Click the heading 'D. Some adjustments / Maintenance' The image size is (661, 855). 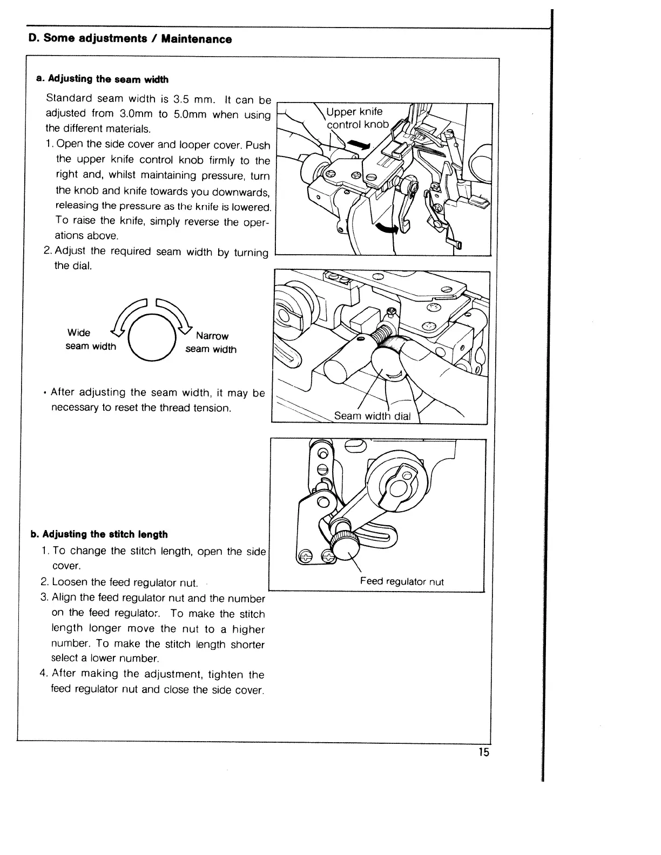130,39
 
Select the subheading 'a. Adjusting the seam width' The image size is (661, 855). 102,79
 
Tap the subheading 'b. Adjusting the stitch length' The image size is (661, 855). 99,534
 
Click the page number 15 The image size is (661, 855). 483,752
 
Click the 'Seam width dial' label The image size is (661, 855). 372,416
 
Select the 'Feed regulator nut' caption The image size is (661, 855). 402,581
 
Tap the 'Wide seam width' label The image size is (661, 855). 90,340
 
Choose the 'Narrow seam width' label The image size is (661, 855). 211,343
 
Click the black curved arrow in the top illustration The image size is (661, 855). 388,229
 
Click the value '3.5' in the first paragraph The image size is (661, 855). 179,99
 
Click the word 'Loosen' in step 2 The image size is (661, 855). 70,582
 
